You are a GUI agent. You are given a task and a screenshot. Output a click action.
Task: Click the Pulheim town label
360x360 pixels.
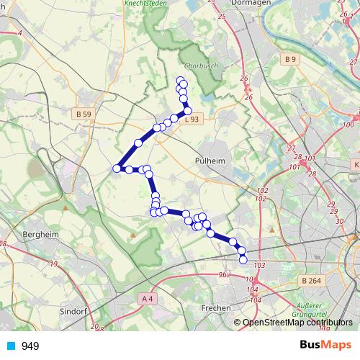209,161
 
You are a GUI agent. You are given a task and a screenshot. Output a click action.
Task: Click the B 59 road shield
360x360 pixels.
84,114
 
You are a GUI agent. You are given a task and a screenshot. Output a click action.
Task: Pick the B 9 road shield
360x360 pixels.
290,59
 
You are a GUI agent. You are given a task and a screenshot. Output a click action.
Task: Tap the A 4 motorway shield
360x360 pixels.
148,298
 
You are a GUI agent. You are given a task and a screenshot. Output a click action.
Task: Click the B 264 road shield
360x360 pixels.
311,280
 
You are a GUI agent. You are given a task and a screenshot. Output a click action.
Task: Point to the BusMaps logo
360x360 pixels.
321,345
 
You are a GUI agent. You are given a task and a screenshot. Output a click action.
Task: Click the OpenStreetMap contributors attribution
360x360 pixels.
297,323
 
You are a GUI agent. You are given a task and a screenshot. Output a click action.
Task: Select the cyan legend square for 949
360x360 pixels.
12,346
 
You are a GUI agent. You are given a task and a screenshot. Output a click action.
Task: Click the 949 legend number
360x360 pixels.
30,346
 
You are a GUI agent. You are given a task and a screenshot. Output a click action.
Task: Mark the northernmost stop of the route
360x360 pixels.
180,79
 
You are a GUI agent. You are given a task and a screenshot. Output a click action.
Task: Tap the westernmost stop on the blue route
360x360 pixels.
116,168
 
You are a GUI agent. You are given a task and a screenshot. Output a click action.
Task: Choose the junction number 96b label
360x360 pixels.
223,274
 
